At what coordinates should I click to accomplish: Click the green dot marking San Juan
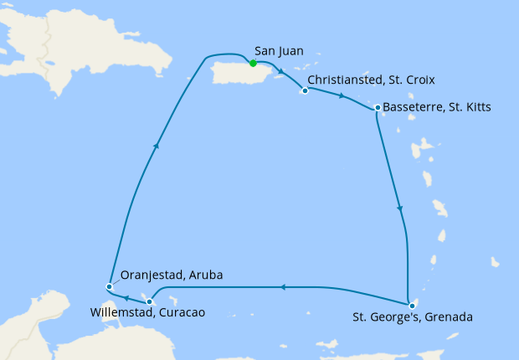click(252, 63)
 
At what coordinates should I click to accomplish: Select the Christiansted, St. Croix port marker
click(305, 90)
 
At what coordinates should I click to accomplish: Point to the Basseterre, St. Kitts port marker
click(378, 108)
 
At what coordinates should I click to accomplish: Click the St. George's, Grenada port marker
click(412, 305)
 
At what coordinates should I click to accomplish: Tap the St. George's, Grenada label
click(413, 317)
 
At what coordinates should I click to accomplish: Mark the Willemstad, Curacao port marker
click(149, 301)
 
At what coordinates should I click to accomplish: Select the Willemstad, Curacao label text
click(146, 312)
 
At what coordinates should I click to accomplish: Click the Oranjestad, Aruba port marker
click(109, 287)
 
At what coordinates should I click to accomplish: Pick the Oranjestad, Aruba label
click(172, 275)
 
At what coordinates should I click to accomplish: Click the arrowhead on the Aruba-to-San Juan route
click(156, 145)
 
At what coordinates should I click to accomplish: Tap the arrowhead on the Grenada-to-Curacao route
click(281, 287)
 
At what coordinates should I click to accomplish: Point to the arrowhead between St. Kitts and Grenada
click(400, 209)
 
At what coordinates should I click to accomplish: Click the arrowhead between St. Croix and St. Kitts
click(341, 97)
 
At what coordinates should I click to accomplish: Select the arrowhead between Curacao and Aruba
click(126, 297)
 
